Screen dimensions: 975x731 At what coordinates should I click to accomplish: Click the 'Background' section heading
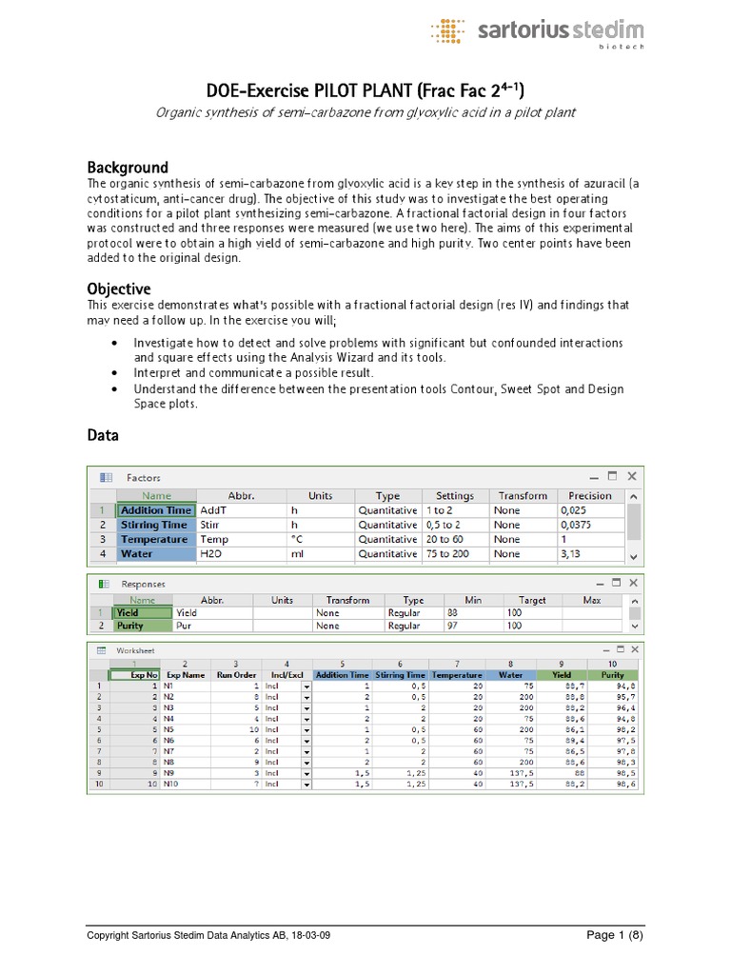(128, 167)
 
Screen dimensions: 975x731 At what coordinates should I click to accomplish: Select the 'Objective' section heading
(119, 289)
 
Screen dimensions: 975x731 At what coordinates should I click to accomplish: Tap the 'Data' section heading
(103, 435)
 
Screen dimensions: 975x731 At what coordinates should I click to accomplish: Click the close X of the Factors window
(632, 476)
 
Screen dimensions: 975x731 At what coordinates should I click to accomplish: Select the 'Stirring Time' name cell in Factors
(154, 525)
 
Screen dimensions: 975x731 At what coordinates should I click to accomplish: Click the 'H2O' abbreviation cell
(210, 553)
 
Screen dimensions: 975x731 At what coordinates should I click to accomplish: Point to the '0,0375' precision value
(581, 525)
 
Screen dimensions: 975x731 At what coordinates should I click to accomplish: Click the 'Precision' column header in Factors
(590, 496)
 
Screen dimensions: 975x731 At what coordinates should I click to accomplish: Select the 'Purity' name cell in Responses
(130, 627)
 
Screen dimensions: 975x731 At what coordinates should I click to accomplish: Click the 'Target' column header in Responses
(532, 600)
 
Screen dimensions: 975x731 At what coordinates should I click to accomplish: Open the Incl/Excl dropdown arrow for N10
(306, 785)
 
